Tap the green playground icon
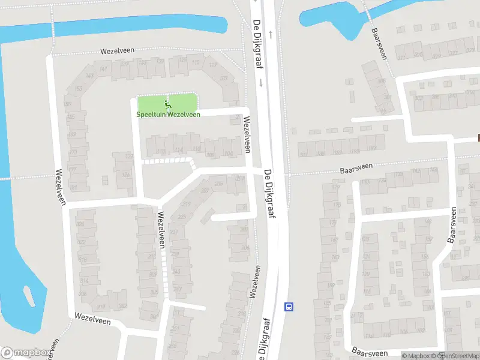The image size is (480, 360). click(167, 103)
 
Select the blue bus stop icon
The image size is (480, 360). click(289, 307)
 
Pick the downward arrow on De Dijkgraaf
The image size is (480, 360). click(262, 84)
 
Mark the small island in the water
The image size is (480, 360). click(28, 295)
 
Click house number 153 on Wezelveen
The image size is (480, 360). click(78, 89)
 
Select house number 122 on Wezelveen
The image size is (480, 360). click(128, 157)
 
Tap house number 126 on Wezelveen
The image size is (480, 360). click(126, 175)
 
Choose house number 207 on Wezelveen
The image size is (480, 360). click(205, 191)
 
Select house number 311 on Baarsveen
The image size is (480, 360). click(400, 58)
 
